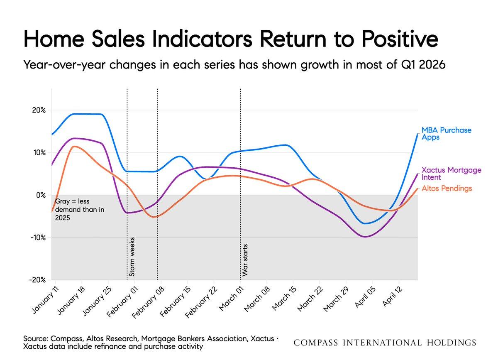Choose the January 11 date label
44,297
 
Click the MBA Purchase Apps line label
447,134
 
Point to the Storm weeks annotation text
132,257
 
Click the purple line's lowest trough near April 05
365,237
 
